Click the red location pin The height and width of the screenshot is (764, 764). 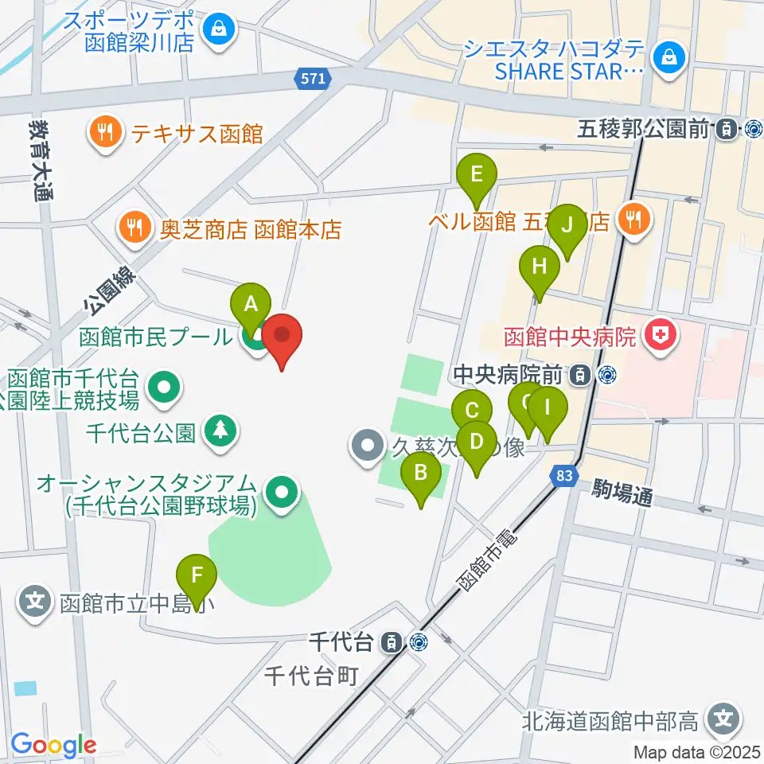coord(283,338)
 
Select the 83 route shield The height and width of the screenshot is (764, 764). coord(563,475)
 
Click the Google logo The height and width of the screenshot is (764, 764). coord(53,745)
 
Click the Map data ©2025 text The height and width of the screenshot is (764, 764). coord(697,751)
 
